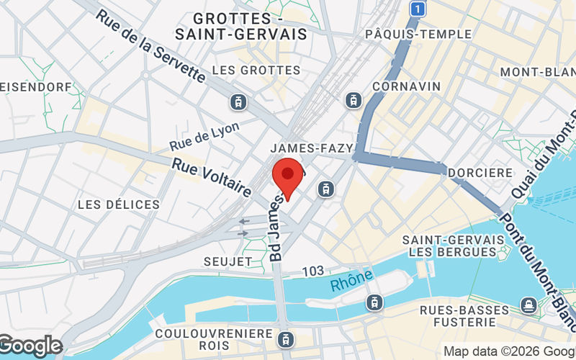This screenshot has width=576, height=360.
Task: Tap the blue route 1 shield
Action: pos(417,9)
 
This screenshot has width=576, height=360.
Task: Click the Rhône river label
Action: pos(352,279)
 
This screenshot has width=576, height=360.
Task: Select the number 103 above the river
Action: pos(313,271)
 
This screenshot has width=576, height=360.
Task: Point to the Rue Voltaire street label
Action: pos(211,178)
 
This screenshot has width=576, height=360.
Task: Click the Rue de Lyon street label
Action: pos(204,135)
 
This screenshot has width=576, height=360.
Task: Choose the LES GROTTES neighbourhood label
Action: pos(256,71)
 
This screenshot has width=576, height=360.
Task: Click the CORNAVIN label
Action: pos(406,86)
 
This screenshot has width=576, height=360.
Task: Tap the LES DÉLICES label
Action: pos(119,205)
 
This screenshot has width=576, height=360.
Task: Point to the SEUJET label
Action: pos(227,261)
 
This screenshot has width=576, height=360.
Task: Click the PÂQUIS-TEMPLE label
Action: pos(418,34)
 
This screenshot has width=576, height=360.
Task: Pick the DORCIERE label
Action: pos(480,173)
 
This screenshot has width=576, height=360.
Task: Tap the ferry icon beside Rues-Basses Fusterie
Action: pos(529,305)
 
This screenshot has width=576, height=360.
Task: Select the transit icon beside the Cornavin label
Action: pos(354,100)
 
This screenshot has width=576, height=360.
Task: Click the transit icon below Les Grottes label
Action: pos(238,102)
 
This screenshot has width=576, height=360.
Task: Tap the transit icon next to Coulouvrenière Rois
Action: pos(287,338)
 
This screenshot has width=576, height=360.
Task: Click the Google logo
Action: pos(30,346)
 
